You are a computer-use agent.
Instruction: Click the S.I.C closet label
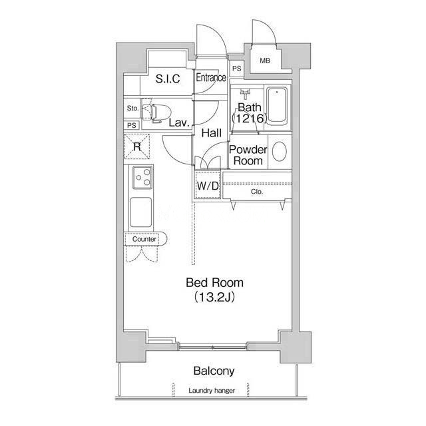(x=168, y=79)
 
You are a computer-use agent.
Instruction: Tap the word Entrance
(x=211, y=77)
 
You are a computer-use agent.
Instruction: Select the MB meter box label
(x=265, y=61)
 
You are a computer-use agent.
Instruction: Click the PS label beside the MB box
(x=237, y=69)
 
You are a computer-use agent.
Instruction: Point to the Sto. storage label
(x=132, y=108)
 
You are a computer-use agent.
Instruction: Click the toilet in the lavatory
(x=156, y=112)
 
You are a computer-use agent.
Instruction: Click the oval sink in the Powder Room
(x=280, y=151)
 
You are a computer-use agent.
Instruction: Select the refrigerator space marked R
(x=137, y=146)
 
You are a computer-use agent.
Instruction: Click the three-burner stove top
(x=142, y=178)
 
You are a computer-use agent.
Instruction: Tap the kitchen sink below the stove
(x=140, y=212)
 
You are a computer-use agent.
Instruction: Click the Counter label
(x=144, y=239)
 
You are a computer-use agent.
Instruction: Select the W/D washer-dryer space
(x=208, y=186)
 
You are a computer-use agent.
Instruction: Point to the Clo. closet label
(x=257, y=192)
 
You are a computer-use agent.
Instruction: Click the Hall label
(x=212, y=133)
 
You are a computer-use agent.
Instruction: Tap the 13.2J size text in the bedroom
(x=214, y=298)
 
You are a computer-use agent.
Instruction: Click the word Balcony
(x=214, y=371)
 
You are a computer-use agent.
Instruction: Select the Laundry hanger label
(x=212, y=391)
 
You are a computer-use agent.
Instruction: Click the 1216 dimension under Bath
(x=250, y=118)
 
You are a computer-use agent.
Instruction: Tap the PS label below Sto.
(x=132, y=126)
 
